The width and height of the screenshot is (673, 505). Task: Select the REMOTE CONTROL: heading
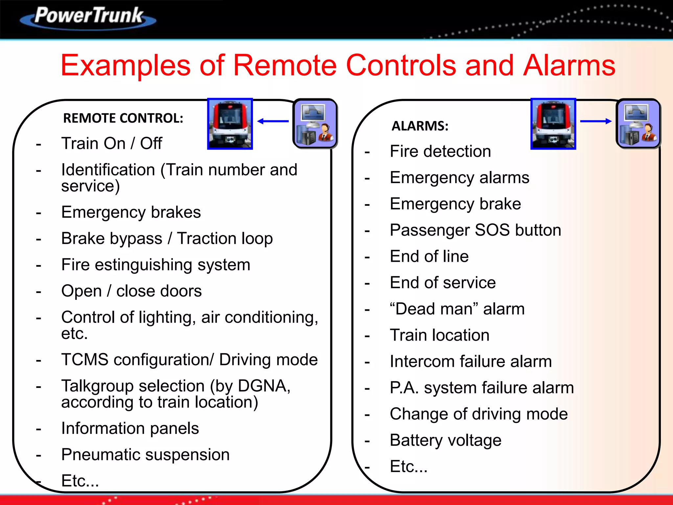pyautogui.click(x=123, y=118)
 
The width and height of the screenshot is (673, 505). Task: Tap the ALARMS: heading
pyautogui.click(x=420, y=126)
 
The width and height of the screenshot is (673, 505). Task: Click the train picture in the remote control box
pyautogui.click(x=230, y=124)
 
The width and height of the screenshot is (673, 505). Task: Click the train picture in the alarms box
pyautogui.click(x=553, y=124)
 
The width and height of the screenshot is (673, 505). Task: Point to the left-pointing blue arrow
pyautogui.click(x=273, y=121)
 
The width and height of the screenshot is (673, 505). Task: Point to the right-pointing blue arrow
pyautogui.click(x=595, y=121)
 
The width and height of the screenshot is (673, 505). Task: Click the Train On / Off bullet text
pyautogui.click(x=111, y=144)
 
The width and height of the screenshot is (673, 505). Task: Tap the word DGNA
pyautogui.click(x=264, y=386)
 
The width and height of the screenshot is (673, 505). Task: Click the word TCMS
pyautogui.click(x=85, y=360)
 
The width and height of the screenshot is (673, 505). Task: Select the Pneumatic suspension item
pyautogui.click(x=145, y=455)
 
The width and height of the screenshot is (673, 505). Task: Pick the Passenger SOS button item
pyautogui.click(x=475, y=230)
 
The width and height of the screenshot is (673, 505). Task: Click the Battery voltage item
pyautogui.click(x=445, y=440)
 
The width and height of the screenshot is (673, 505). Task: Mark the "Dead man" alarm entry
pyautogui.click(x=457, y=309)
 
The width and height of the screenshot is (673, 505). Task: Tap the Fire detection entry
pyautogui.click(x=440, y=152)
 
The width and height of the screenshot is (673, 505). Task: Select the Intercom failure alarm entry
pyautogui.click(x=471, y=362)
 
